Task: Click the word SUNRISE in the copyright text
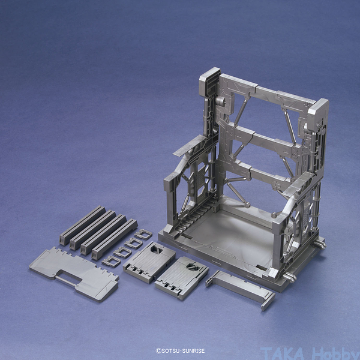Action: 193,351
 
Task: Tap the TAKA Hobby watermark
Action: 310,354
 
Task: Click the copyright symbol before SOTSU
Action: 158,351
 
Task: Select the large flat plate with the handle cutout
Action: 74,274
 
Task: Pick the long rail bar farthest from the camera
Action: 82,225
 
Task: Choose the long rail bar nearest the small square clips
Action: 115,239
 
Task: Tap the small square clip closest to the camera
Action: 112,261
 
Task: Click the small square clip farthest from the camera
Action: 143,234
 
